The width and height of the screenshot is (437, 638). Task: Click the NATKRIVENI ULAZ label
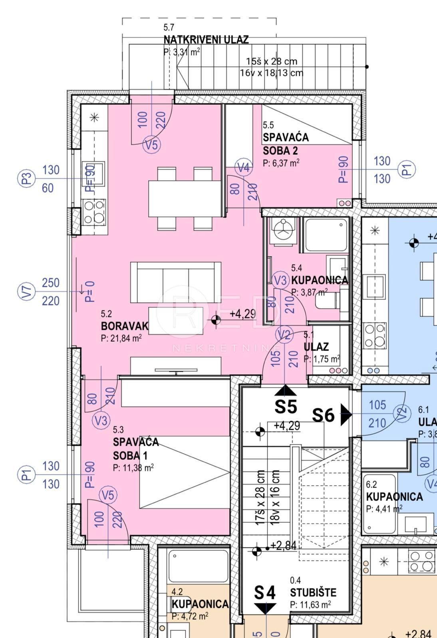point(206,39)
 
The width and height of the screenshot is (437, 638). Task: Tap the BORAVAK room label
point(124,326)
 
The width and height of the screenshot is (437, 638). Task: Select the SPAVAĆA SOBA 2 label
point(286,144)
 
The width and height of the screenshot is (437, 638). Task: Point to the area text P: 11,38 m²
point(133,468)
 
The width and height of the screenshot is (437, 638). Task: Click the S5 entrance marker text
point(286,406)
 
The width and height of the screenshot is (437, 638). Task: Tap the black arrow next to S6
point(346,415)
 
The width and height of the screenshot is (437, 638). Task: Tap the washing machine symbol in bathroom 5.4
point(283,230)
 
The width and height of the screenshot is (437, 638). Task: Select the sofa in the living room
point(176,282)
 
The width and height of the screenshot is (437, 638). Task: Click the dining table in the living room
point(185,199)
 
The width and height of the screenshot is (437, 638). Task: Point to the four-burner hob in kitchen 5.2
point(95,212)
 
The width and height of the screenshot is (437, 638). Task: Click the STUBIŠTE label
point(313,593)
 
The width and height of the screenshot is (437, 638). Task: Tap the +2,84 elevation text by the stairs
point(283,545)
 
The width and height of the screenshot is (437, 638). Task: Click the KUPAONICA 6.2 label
point(394,496)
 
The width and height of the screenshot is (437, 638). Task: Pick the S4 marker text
point(265,593)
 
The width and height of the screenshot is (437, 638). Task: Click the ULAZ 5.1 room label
point(316,347)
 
